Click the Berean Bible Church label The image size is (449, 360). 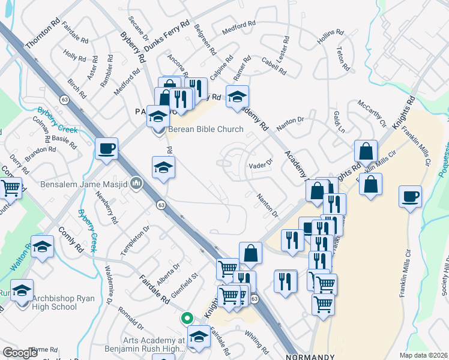206,129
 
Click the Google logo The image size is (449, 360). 20,353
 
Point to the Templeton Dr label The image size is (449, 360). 134,241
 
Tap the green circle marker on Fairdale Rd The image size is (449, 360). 187,318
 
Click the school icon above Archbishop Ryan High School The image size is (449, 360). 22,290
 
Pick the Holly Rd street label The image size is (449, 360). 75,58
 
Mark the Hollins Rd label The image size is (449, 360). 329,38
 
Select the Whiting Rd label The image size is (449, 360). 257,342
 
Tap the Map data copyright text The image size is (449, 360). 424,355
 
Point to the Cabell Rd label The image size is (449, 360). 273,66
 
